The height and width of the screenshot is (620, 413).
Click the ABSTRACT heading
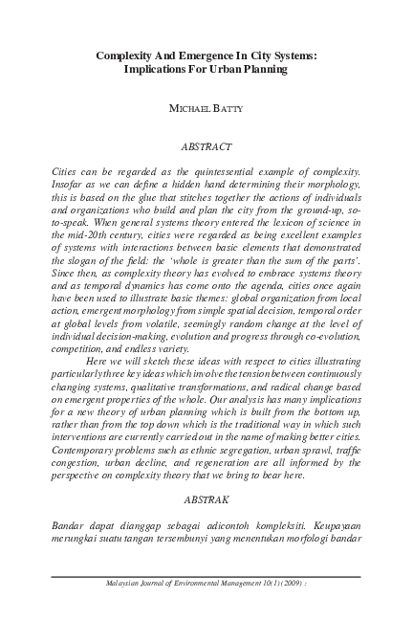click(206, 147)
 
